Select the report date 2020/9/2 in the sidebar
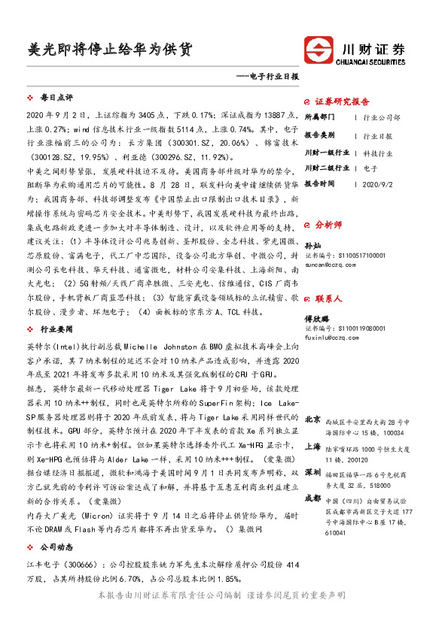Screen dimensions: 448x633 click(378, 183)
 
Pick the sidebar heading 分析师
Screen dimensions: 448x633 click(328, 224)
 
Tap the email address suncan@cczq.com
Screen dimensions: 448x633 click(328, 265)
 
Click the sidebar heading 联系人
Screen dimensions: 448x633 click(328, 298)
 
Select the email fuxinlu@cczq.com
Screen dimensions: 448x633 click(330, 338)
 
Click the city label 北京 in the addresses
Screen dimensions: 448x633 click(313, 419)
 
